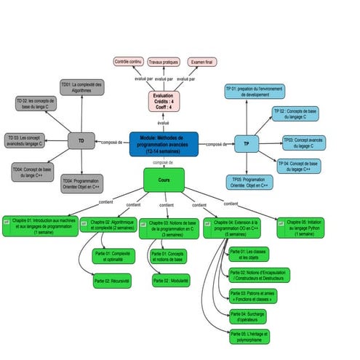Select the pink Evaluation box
point(164,102)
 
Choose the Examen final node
point(202,62)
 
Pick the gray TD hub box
point(81,141)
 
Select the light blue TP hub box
point(246,144)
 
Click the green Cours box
point(164,179)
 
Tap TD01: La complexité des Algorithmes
point(81,87)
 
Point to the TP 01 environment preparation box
point(254,92)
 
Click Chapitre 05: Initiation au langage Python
point(300,227)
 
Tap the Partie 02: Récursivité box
point(113,280)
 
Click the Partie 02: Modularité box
point(171,279)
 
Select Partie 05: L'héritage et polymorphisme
point(249,336)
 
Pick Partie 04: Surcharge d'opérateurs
point(247,316)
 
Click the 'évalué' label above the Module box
point(164,123)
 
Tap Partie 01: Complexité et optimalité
point(113,255)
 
